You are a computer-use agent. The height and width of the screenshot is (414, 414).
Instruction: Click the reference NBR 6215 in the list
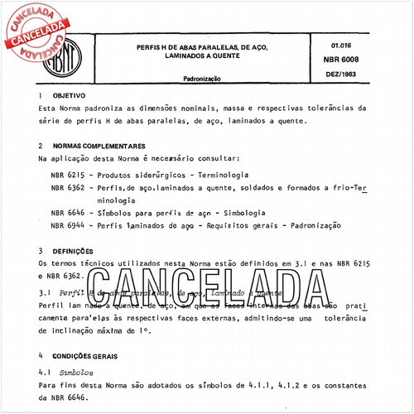(x=67, y=176)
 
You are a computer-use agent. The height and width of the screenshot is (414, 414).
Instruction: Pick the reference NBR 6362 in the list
(x=67, y=189)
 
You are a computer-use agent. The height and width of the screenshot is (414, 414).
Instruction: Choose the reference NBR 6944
(x=67, y=225)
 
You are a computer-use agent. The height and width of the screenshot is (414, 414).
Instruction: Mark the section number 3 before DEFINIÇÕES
(x=41, y=250)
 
